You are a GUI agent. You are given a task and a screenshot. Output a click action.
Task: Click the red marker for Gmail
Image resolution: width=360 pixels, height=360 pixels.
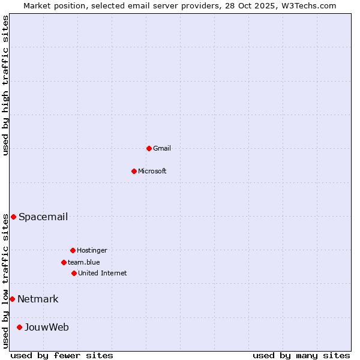149,148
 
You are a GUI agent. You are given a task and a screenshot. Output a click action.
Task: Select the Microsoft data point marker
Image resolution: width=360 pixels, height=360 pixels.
134,171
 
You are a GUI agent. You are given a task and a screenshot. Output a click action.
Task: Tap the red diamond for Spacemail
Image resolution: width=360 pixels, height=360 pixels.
13,217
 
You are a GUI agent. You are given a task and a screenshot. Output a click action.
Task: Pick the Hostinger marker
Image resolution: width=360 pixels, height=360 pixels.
73,250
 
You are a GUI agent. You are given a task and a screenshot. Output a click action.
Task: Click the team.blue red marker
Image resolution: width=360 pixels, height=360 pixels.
64,262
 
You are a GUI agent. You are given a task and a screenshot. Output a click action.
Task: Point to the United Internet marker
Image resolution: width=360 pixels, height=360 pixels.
74,273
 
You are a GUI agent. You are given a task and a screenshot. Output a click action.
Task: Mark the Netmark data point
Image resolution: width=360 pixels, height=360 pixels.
12,299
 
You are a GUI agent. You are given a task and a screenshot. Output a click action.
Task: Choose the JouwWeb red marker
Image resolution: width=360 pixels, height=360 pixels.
19,327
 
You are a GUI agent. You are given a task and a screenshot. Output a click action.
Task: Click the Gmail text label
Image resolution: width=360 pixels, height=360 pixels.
162,148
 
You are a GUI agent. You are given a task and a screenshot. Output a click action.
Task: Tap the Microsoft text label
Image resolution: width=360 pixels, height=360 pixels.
152,171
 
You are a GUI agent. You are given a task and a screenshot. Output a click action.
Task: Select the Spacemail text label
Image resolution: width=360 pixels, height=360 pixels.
43,217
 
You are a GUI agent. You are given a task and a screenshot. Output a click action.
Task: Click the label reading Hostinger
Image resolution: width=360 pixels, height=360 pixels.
92,250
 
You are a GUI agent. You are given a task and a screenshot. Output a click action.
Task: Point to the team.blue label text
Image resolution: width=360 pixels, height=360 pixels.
84,262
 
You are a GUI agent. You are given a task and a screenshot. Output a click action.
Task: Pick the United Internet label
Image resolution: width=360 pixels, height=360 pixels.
103,273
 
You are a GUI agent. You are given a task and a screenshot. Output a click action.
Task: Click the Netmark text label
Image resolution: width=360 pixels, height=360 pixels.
38,299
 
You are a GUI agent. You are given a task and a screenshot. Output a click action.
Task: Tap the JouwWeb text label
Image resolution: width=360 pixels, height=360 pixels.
47,327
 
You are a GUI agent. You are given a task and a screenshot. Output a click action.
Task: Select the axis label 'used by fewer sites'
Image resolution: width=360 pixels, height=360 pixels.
62,355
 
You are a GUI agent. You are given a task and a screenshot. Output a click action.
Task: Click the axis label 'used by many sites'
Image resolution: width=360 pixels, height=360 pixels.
301,355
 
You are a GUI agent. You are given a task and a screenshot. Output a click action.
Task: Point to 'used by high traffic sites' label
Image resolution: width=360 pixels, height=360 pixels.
5,85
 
